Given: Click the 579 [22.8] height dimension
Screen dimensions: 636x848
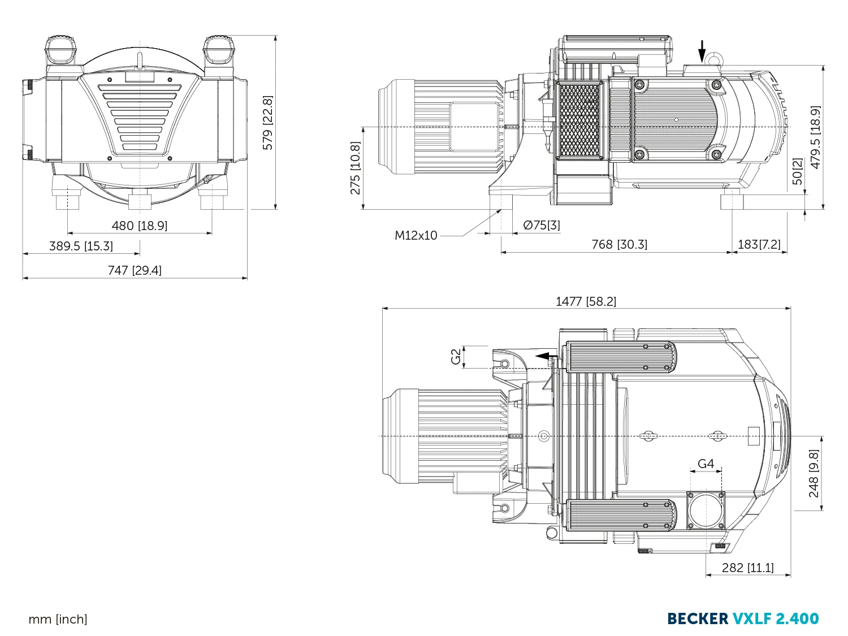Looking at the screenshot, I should [268, 123].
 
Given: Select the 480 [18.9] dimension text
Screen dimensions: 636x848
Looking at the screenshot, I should [140, 226].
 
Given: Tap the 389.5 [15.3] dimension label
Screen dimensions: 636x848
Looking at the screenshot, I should [81, 246].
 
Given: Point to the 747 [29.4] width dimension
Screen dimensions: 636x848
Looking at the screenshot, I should [135, 270].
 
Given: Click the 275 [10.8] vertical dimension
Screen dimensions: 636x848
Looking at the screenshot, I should [355, 168].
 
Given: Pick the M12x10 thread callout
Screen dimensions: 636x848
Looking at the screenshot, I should [416, 235].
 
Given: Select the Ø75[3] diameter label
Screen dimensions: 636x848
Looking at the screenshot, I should [542, 225].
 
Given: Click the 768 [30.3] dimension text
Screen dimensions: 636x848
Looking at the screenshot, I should [619, 244].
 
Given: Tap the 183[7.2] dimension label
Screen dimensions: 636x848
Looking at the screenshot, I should [759, 244].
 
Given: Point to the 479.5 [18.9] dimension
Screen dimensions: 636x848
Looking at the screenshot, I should [815, 137].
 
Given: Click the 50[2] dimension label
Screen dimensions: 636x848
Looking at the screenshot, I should [797, 171].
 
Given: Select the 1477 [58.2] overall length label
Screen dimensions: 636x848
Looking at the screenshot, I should [586, 301].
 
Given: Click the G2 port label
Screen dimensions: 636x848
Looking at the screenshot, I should [456, 357].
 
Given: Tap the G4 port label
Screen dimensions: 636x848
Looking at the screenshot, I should [706, 464].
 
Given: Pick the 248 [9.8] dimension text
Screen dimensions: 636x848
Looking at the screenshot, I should [814, 474].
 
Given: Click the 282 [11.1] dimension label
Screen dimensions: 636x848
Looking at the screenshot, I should [747, 568].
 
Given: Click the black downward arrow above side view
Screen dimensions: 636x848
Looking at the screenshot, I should [702, 52].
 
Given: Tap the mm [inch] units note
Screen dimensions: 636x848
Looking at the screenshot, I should [58, 619].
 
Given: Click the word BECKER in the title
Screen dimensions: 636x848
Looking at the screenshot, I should [698, 618].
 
